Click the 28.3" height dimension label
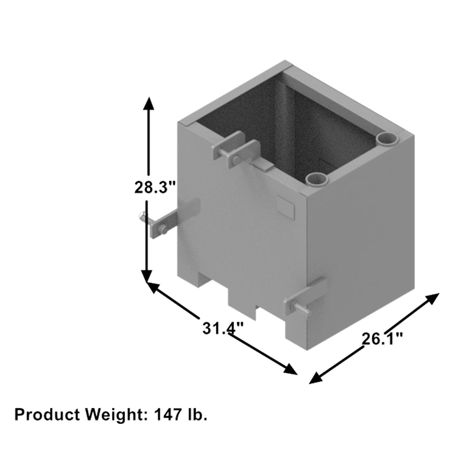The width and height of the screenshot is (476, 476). click(151, 188)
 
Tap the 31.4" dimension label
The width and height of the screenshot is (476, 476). click(223, 328)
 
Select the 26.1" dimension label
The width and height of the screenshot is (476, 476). click(382, 339)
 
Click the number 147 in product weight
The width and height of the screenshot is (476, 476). click(166, 414)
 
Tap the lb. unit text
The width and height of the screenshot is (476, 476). click(196, 414)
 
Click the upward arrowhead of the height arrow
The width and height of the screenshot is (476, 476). click(149, 103)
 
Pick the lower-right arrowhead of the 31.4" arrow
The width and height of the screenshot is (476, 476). click(290, 369)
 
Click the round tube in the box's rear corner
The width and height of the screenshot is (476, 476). click(386, 139)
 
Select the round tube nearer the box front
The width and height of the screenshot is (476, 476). click(316, 179)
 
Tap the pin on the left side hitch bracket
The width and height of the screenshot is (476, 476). click(141, 217)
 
